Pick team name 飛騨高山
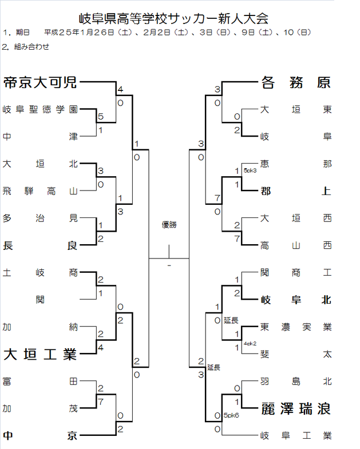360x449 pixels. [x=39, y=190]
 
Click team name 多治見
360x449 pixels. [x=39, y=217]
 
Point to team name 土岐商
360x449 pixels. [x=39, y=272]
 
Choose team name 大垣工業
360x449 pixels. [x=39, y=355]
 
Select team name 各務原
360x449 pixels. [x=295, y=83]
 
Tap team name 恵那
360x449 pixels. [x=295, y=164]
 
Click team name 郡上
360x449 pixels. [x=295, y=191]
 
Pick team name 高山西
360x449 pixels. [x=295, y=245]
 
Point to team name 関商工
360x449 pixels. [x=295, y=272]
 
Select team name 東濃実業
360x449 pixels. [x=295, y=327]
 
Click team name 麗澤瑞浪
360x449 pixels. [x=295, y=409]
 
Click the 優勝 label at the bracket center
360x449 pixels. [x=169, y=225]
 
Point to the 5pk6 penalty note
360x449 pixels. [x=232, y=415]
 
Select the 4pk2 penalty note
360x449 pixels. [x=250, y=343]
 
